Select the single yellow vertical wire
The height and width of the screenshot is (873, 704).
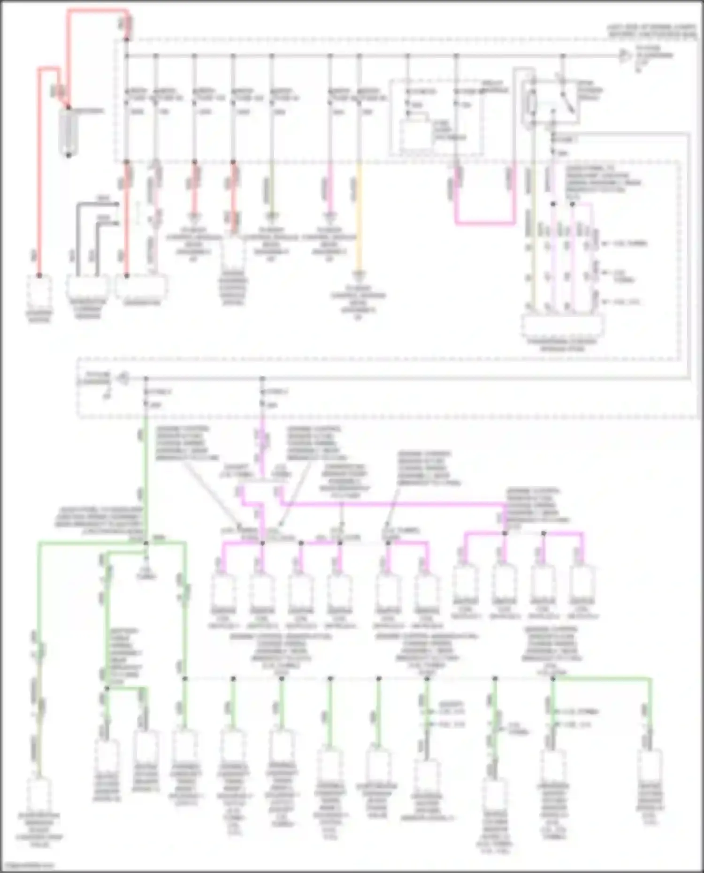click(359, 216)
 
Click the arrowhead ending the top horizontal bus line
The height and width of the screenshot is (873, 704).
click(624, 56)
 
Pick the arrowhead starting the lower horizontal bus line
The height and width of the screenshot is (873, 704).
click(123, 378)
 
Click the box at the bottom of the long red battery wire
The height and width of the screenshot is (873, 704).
click(39, 290)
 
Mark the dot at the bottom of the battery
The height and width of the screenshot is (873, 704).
click(69, 155)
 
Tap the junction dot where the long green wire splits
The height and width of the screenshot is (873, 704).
click(146, 543)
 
